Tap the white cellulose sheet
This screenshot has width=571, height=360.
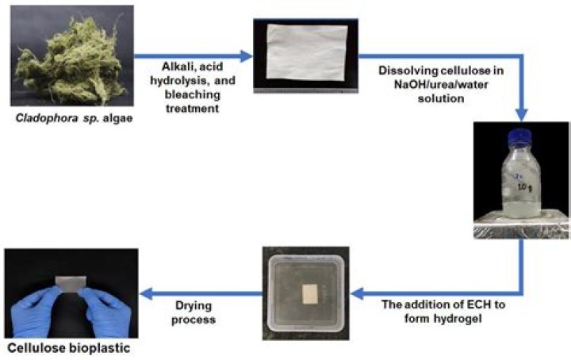click(x=306, y=52)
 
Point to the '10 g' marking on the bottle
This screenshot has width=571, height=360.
click(x=523, y=187)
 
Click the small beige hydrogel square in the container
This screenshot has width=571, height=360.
click(x=310, y=294)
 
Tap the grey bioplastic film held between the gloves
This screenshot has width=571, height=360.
click(x=71, y=285)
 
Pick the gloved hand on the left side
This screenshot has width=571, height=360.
click(x=36, y=311)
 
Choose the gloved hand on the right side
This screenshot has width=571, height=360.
click(x=106, y=312)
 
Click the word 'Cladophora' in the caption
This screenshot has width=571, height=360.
click(x=47, y=118)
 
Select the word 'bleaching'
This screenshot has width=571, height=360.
click(x=192, y=94)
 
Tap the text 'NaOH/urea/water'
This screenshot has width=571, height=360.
click(x=441, y=84)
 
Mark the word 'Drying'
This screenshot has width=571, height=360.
click(x=194, y=306)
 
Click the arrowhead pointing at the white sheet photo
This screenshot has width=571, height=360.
click(x=247, y=56)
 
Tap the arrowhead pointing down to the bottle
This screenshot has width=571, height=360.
click(x=522, y=114)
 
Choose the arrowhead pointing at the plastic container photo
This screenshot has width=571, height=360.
click(x=357, y=293)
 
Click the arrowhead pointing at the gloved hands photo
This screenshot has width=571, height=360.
click(x=146, y=293)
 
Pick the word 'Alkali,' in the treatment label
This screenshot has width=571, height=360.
click(x=175, y=67)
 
